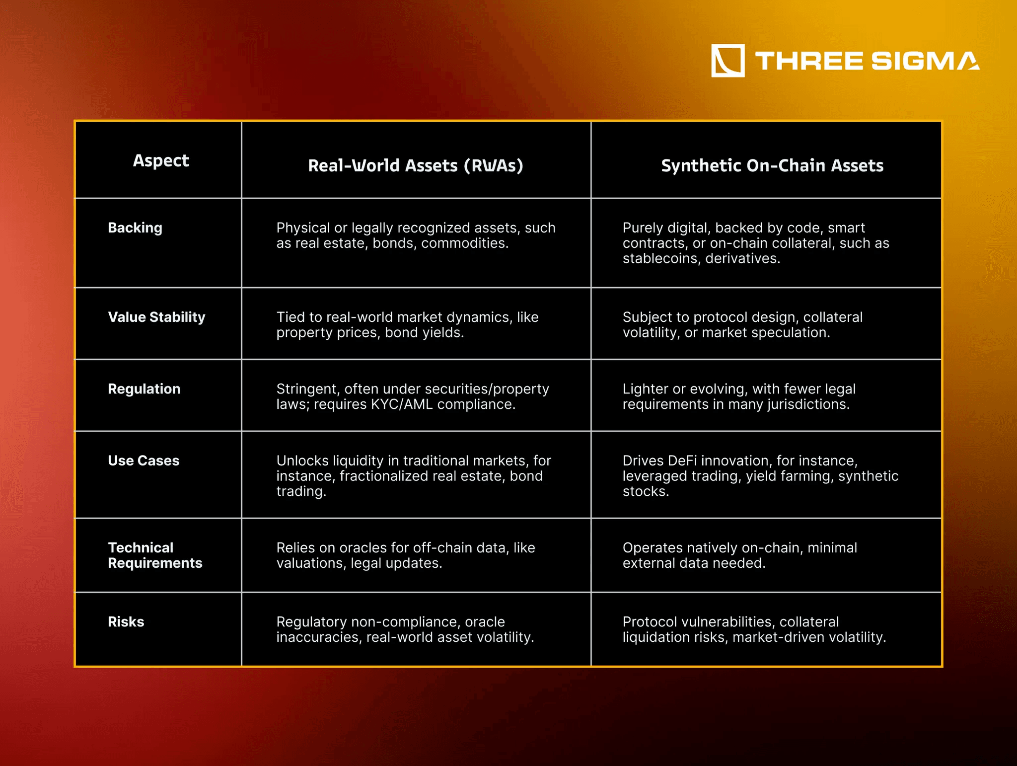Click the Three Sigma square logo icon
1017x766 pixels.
pos(727,61)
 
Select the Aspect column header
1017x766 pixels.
pos(161,161)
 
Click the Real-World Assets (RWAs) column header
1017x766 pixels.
pos(416,165)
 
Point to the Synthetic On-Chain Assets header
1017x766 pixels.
pos(772,165)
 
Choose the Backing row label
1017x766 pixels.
pos(135,228)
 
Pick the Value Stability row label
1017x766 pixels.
pos(156,317)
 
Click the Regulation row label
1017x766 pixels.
pos(144,389)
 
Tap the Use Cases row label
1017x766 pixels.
pos(144,460)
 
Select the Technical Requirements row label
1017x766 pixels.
pos(155,555)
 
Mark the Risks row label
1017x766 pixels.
pos(126,622)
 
